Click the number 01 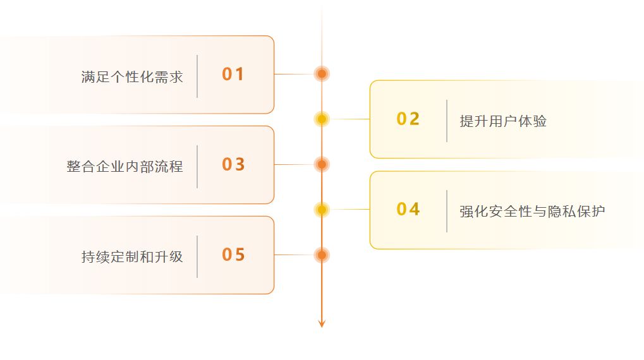[x=233, y=75]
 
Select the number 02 [x=408, y=119]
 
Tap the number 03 [x=233, y=164]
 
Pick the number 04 [x=408, y=209]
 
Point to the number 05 [x=233, y=255]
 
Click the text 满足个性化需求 [x=132, y=77]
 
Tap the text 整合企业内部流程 [x=125, y=167]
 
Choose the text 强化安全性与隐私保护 [x=532, y=212]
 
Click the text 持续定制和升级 [x=132, y=257]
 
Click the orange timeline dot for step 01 [x=322, y=74]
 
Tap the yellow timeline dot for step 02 [x=322, y=119]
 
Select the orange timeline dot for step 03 [x=322, y=164]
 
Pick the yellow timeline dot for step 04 [x=322, y=209]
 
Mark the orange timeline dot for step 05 [x=322, y=255]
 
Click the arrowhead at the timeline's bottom [x=322, y=324]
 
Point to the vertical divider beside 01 [x=197, y=76]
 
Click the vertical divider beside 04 [x=447, y=211]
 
